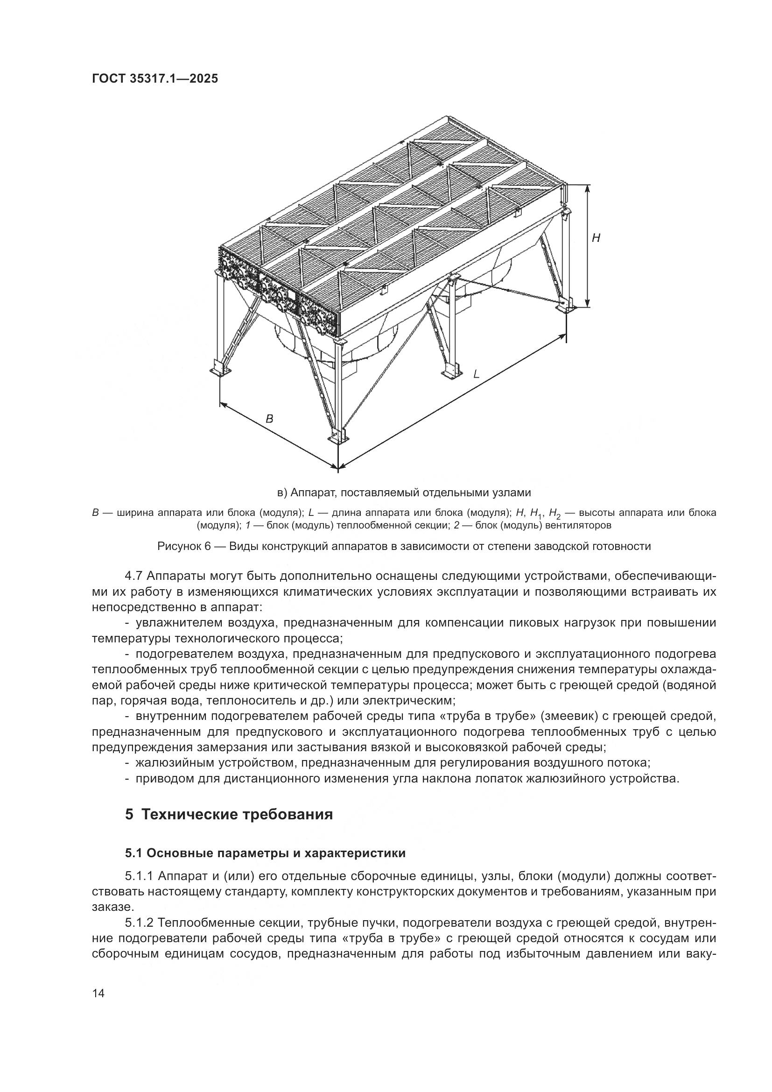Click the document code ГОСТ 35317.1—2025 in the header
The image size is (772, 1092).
[155, 78]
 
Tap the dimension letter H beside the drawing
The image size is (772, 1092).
[596, 238]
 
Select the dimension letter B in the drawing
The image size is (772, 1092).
[269, 419]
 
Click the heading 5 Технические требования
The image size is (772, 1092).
[229, 814]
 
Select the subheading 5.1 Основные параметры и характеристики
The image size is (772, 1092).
[265, 853]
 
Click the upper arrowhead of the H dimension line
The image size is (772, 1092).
[588, 188]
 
